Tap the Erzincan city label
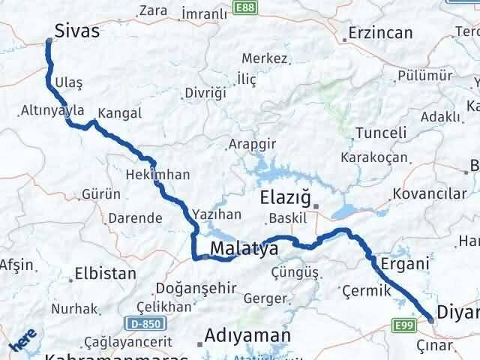coord(382,34)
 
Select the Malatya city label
coord(244,248)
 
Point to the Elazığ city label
coord(284,199)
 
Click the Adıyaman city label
coord(238,334)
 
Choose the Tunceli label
coord(380,133)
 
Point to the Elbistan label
coord(105,275)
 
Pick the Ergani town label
coord(405,263)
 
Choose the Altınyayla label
coord(53,110)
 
